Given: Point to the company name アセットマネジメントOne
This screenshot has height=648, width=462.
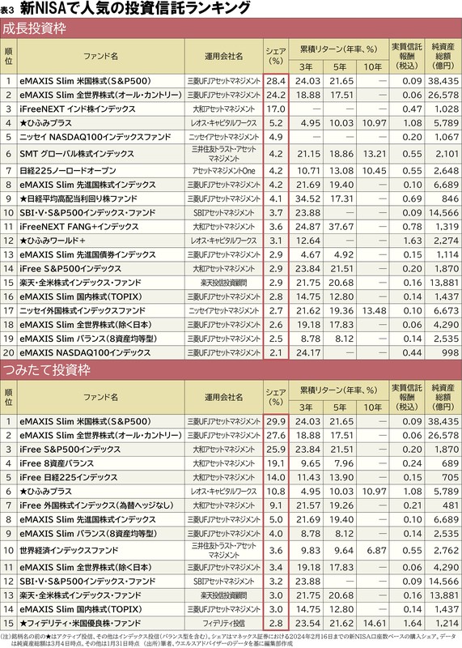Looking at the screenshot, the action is click(223, 171).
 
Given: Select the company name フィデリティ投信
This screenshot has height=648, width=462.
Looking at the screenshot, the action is click(223, 624).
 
